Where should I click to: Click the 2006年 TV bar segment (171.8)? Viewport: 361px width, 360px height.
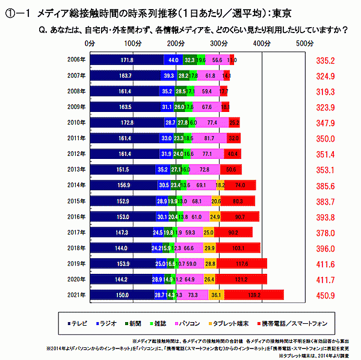click(126, 60)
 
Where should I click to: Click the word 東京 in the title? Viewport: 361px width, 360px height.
click(282, 13)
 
